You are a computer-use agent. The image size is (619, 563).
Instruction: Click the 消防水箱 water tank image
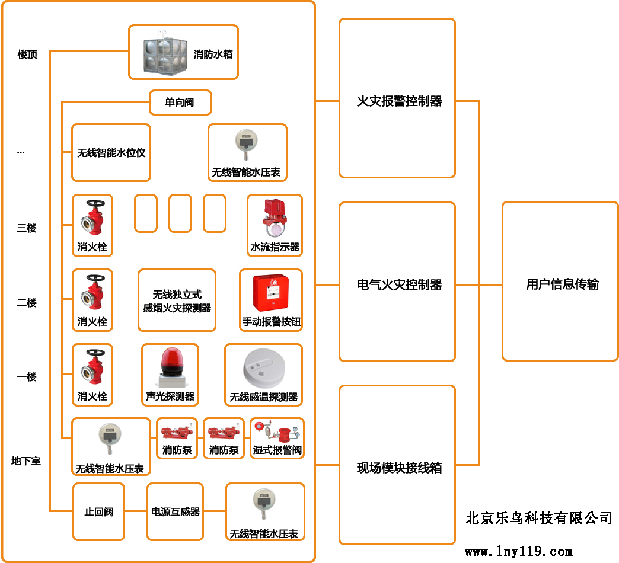(164, 52)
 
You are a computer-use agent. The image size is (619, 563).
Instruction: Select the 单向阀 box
(180, 103)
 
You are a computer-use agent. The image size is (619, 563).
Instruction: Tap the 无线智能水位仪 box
(111, 152)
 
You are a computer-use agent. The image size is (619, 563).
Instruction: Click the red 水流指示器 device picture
(275, 217)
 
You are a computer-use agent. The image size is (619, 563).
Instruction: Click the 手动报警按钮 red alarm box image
(271, 293)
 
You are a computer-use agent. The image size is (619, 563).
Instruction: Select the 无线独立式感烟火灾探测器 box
(177, 300)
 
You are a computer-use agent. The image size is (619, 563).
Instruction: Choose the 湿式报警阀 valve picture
(277, 431)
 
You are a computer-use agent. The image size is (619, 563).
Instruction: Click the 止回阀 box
(98, 511)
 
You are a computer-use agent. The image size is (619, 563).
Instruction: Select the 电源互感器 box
(175, 511)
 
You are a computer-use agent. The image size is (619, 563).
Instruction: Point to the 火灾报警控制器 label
(399, 101)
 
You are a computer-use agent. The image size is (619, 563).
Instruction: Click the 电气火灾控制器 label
(399, 284)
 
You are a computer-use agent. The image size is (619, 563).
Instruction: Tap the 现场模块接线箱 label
(399, 468)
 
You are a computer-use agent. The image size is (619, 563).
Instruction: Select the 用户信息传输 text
(562, 284)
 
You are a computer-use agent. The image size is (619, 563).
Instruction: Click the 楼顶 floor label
(27, 55)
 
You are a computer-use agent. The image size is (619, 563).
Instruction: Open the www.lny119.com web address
(519, 552)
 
